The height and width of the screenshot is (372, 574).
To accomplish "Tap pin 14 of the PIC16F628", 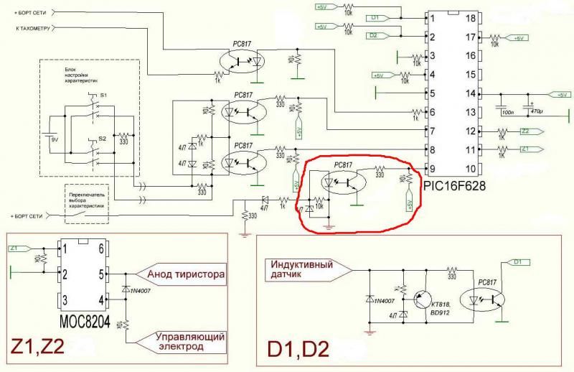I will click(x=471, y=93).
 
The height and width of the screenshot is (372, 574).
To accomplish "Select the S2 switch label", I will click(x=103, y=137).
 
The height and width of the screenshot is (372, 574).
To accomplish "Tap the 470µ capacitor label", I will click(x=536, y=112).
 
